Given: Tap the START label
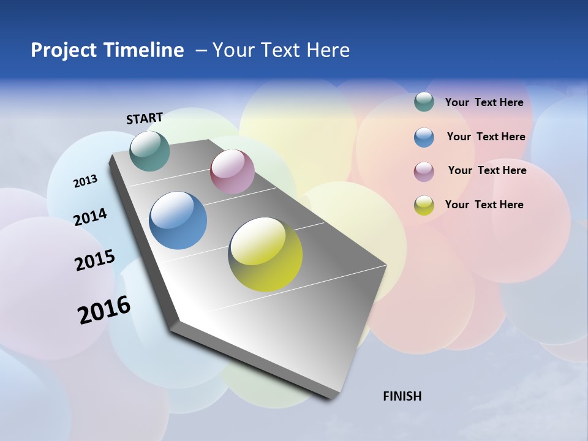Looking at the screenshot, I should (x=145, y=118).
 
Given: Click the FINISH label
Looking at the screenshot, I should (x=402, y=396).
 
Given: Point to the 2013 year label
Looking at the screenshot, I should (x=85, y=181).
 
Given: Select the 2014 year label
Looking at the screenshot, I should (x=90, y=217).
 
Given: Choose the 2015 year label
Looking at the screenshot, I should (x=94, y=260).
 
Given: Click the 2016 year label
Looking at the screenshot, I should (x=104, y=310).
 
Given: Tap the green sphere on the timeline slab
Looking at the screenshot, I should (x=149, y=151).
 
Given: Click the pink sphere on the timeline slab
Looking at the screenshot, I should (x=232, y=171).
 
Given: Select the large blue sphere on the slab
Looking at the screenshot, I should (x=178, y=221).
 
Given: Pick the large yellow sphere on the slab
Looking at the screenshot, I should (x=265, y=254).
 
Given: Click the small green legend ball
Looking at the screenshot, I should (x=424, y=102).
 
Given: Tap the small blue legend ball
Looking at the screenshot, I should (x=424, y=137).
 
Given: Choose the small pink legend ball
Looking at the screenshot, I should (x=424, y=171).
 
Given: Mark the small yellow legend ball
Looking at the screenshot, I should (x=424, y=205).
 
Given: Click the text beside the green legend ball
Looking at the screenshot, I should (x=484, y=102).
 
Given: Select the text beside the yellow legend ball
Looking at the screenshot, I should (x=484, y=205).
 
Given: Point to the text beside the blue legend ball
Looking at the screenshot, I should (x=486, y=137).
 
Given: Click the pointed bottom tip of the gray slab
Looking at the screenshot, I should (x=334, y=396).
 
